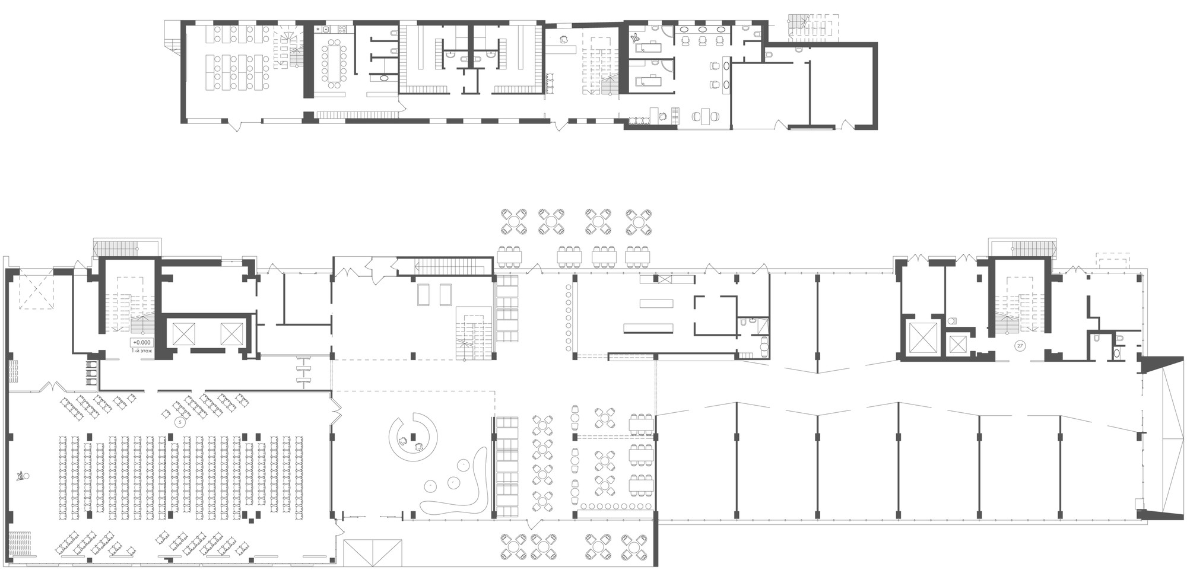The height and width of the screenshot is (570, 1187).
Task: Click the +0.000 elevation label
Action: coord(142,342)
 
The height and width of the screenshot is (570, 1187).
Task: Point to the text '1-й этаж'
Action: coord(142,351)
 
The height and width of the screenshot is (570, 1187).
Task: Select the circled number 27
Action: coord(1020,346)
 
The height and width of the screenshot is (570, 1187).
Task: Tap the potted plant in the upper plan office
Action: coord(636,39)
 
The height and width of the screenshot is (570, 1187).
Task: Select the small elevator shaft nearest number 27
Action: coord(958,345)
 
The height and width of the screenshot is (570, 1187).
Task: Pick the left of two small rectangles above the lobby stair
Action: coord(423,295)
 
